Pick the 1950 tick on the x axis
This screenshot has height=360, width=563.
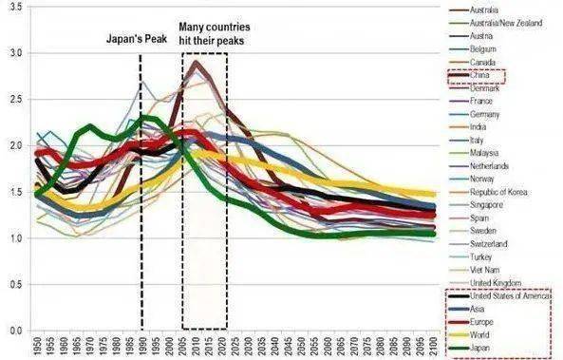[x=36, y=344]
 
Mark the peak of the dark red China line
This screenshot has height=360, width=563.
[x=196, y=62]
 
